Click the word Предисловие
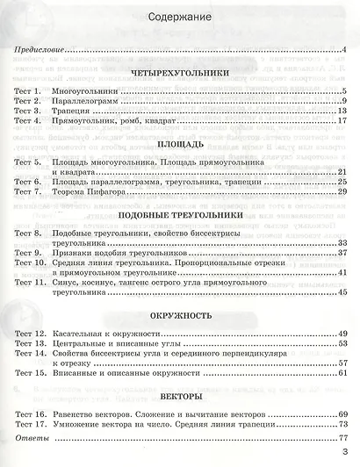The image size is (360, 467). tap(40, 54)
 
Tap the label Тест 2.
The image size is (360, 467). tap(30, 102)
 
